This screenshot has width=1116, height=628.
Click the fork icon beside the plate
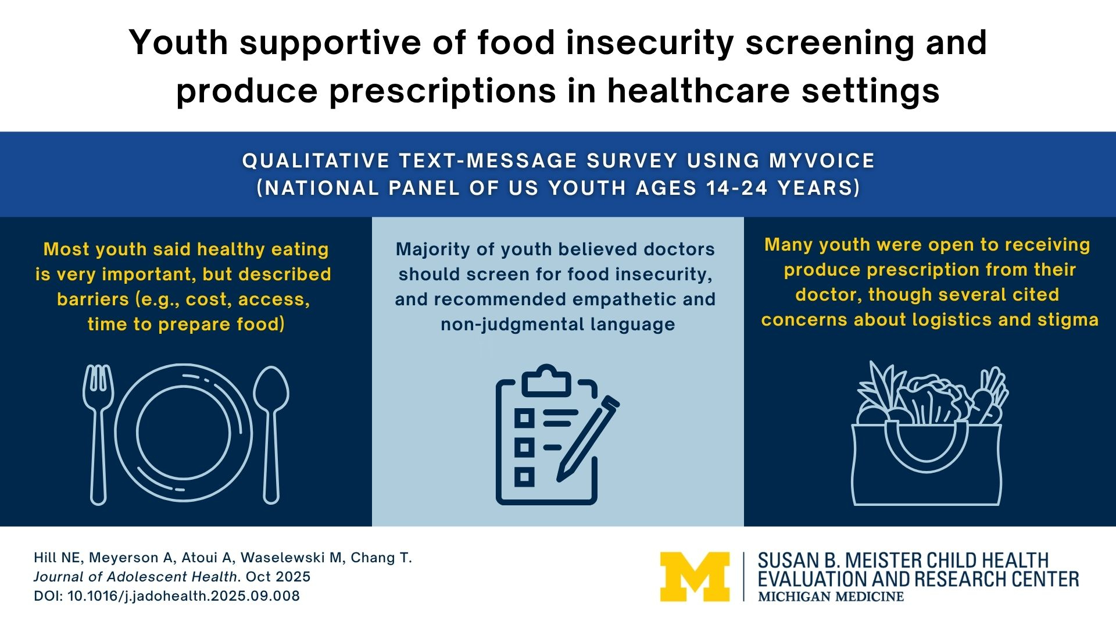(x=98, y=433)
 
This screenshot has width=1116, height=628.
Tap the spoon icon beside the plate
(x=271, y=433)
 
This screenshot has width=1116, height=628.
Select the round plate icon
(x=184, y=433)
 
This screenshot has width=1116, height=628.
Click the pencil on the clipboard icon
(x=587, y=439)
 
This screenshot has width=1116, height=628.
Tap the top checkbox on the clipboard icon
(x=524, y=418)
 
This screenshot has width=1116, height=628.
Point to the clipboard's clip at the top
(x=546, y=381)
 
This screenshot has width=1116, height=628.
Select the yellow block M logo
(x=695, y=576)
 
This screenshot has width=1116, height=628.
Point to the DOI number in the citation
(x=184, y=596)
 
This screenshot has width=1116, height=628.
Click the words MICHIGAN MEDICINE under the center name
(x=831, y=597)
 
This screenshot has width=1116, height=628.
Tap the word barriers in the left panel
(x=94, y=299)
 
